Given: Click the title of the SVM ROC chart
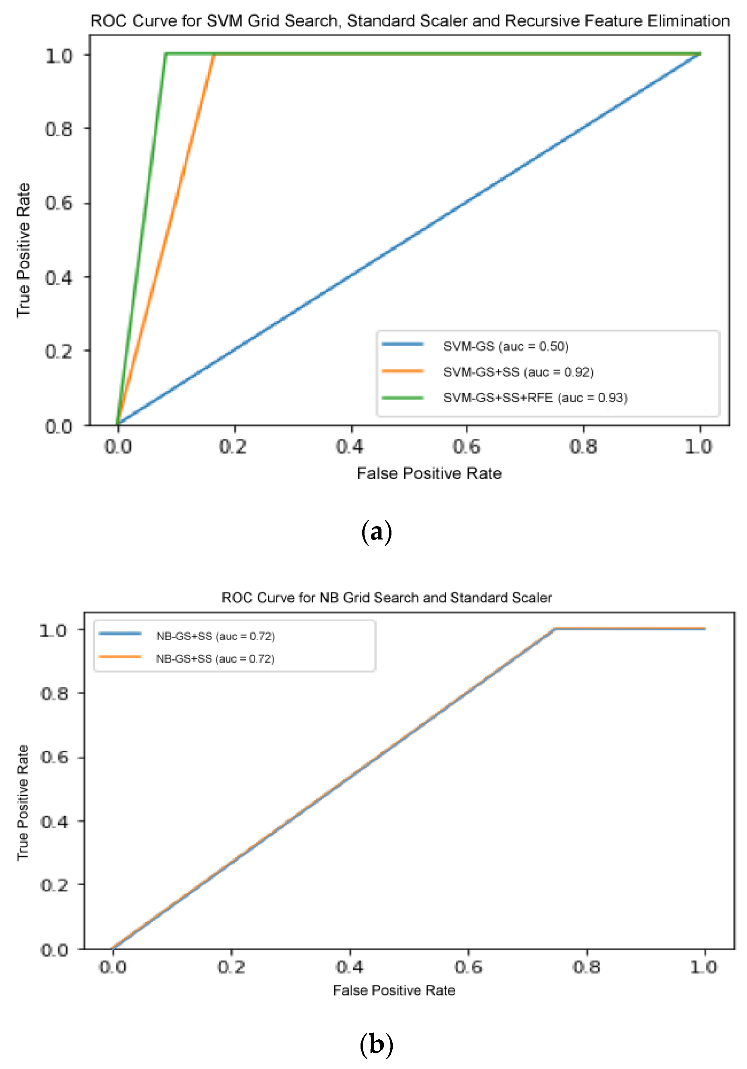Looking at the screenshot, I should (x=409, y=21).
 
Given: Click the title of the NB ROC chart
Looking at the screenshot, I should (x=386, y=597).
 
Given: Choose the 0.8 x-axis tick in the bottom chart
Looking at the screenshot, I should (x=586, y=967).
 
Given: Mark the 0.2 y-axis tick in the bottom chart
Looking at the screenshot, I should (x=55, y=885).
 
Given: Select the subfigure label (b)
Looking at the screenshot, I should (x=376, y=1044).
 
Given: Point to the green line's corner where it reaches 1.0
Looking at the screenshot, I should (x=166, y=54).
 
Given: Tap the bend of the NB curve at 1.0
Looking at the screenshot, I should (x=555, y=629).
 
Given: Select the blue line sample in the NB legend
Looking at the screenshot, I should (x=120, y=634).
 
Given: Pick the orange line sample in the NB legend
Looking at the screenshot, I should (x=120, y=657).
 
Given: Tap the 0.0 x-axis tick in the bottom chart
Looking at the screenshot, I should (x=113, y=967).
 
